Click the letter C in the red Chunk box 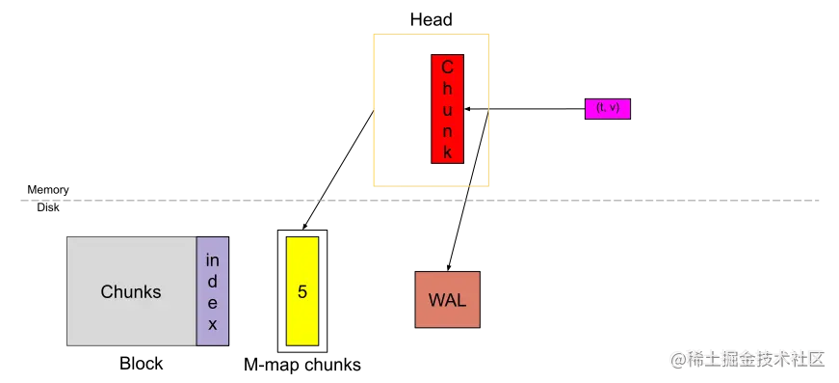[x=447, y=68]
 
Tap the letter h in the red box [x=447, y=89]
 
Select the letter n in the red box [x=447, y=131]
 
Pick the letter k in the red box [x=447, y=152]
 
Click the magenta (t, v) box [x=608, y=108]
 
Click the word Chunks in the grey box [x=131, y=291]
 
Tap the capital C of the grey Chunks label [x=107, y=291]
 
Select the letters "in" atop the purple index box [x=213, y=260]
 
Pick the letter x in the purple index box [x=213, y=324]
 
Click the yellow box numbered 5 [x=302, y=290]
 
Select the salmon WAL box [x=447, y=299]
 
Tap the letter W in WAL [x=435, y=299]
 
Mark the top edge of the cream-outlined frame [x=432, y=35]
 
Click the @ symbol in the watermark [x=677, y=359]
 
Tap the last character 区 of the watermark [x=817, y=359]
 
